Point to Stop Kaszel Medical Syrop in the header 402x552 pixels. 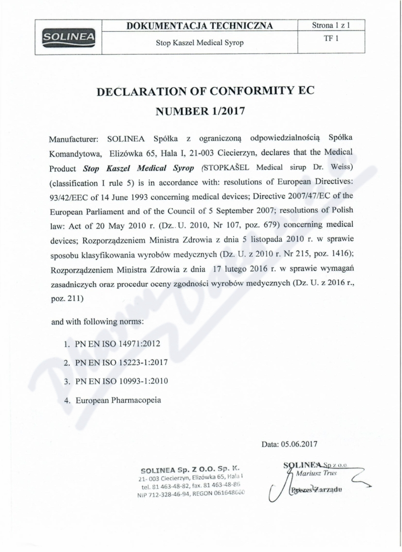pyautogui.click(x=200, y=43)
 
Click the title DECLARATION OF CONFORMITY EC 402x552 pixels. pyautogui.click(x=200, y=91)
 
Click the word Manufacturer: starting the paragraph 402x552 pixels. pyautogui.click(x=74, y=137)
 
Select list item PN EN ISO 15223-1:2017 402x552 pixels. pyautogui.click(x=121, y=362)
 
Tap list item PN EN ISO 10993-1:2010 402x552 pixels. pyautogui.click(x=121, y=381)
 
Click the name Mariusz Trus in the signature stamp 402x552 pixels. pyautogui.click(x=317, y=473)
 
